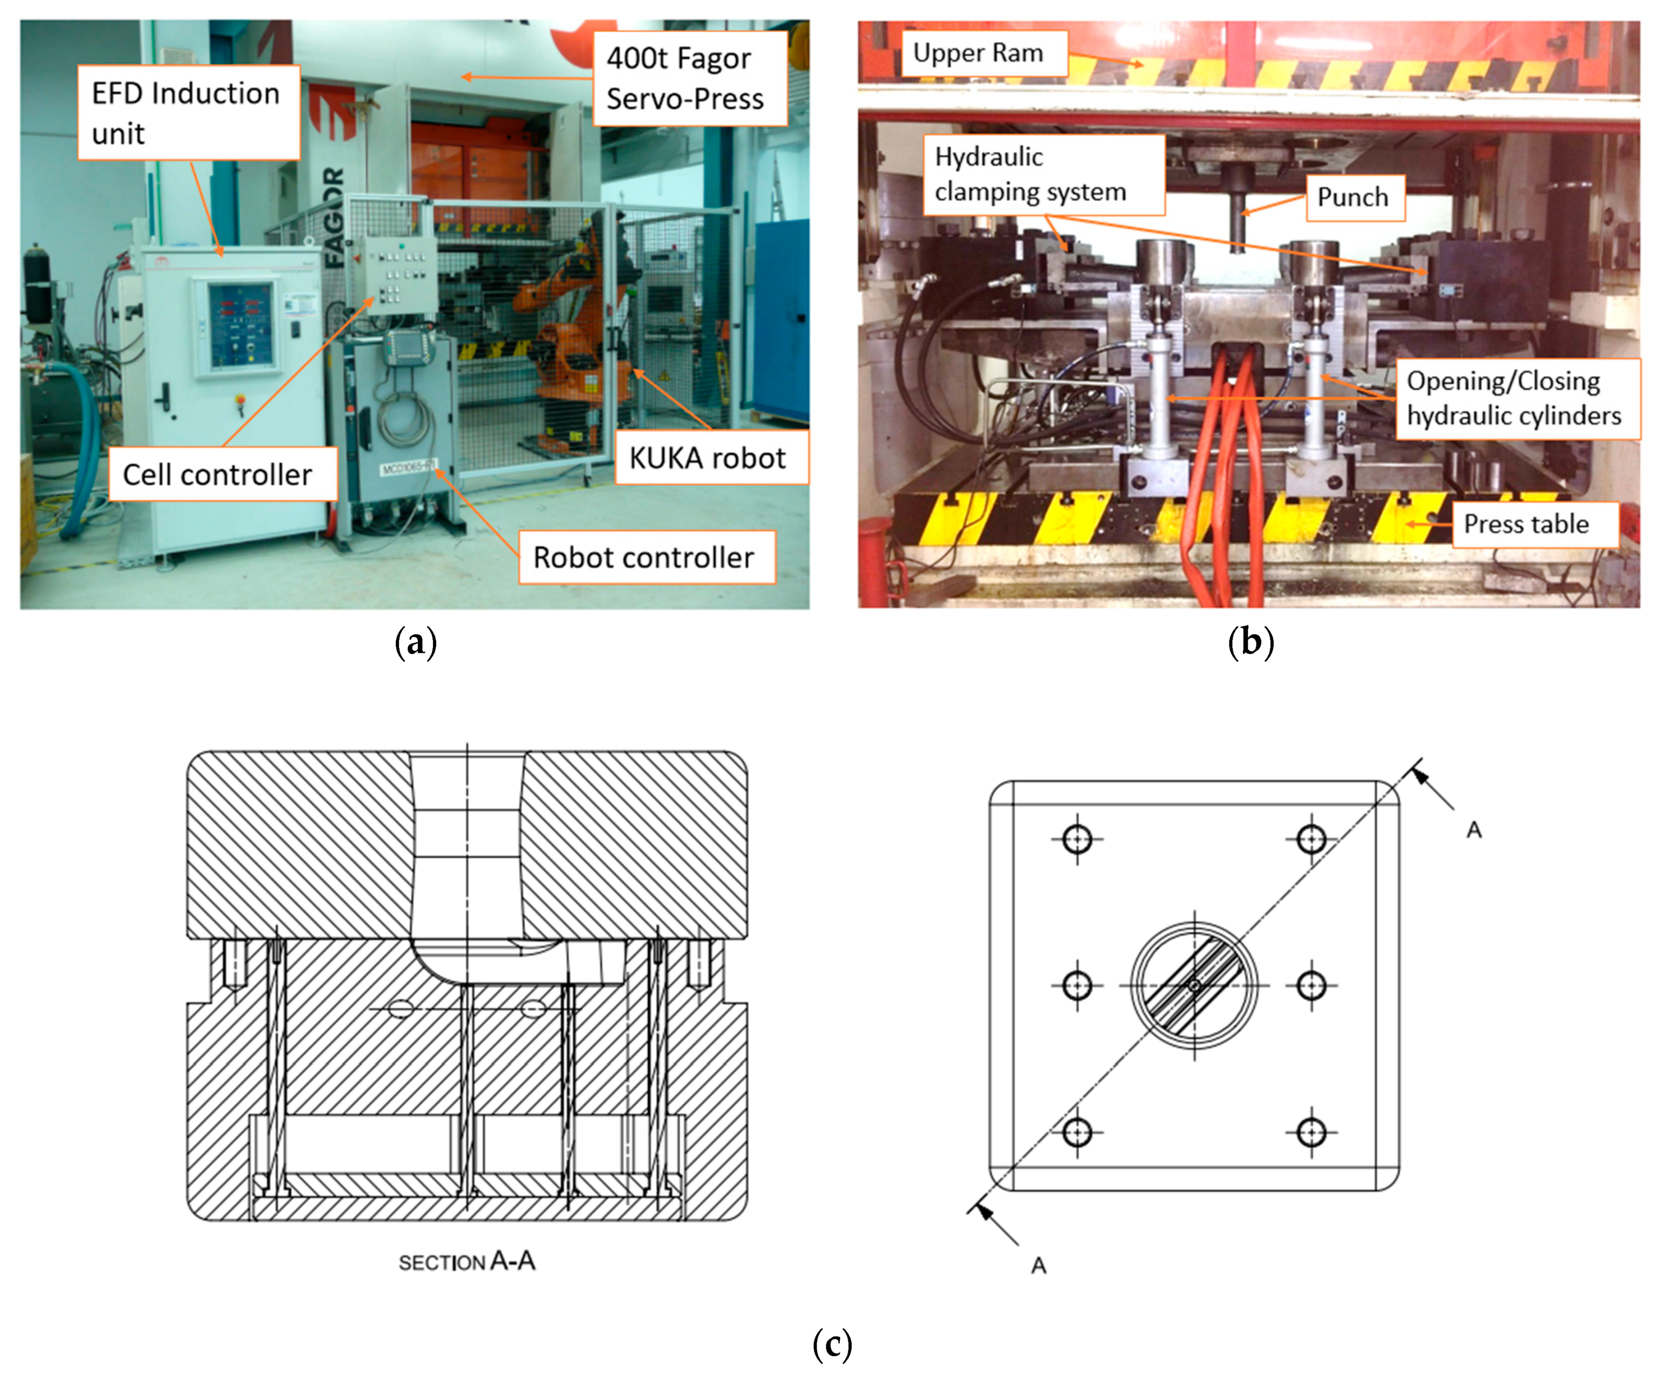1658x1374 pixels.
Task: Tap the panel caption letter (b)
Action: click(x=1250, y=642)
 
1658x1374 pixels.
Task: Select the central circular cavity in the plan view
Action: click(x=1194, y=985)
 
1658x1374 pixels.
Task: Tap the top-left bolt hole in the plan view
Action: click(x=1077, y=838)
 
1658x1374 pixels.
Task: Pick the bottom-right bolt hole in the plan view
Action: click(x=1312, y=1132)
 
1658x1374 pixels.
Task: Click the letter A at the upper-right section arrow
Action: click(x=1473, y=830)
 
